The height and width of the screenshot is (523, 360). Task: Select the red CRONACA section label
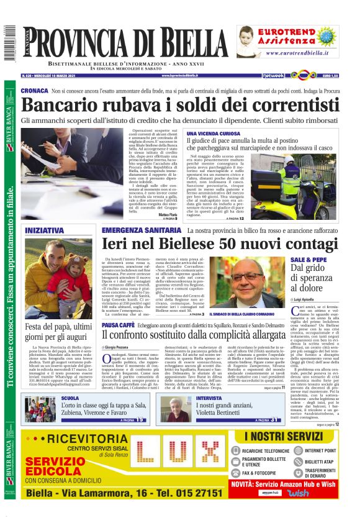click(34, 91)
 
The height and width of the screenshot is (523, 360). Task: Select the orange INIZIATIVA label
click(44, 230)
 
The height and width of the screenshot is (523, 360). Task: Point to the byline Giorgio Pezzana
click(115, 347)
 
